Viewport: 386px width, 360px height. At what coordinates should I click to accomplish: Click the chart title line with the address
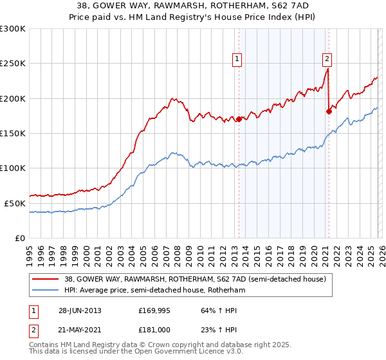(193, 6)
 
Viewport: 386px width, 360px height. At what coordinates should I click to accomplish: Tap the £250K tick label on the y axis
(13, 64)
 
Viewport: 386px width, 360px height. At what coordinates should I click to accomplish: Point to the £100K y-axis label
(13, 168)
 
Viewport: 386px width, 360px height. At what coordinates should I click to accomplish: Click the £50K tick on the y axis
(15, 203)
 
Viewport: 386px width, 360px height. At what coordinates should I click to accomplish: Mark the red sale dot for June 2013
(239, 119)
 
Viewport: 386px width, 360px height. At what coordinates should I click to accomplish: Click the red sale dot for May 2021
(329, 111)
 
